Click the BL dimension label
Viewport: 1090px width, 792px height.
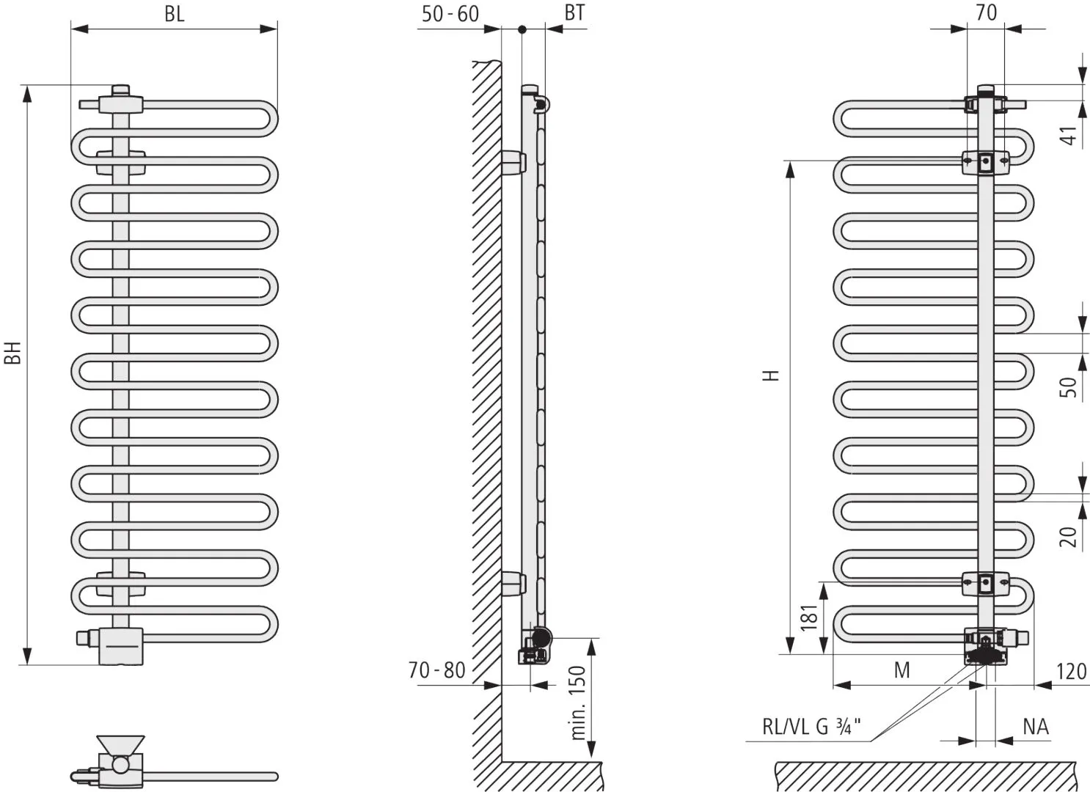click(175, 14)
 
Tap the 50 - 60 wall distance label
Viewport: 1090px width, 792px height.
click(450, 14)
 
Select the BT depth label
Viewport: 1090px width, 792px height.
click(574, 12)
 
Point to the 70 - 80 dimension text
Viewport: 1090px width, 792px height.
click(436, 670)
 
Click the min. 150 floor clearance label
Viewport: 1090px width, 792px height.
click(577, 703)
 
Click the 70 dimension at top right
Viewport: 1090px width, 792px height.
click(986, 12)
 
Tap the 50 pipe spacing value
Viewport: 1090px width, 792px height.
click(1068, 387)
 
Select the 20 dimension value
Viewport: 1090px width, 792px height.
click(1068, 537)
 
